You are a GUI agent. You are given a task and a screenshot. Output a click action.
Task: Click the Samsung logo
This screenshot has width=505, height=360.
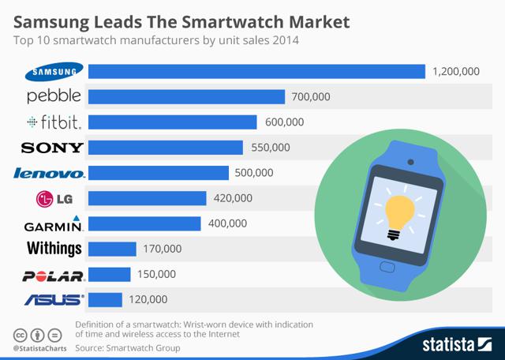click(x=54, y=72)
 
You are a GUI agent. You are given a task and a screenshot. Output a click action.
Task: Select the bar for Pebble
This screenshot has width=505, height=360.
click(x=186, y=97)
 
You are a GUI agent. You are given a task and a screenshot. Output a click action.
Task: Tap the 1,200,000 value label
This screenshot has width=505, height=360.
click(x=456, y=72)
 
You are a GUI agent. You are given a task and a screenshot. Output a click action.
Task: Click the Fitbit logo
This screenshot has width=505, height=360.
click(x=54, y=122)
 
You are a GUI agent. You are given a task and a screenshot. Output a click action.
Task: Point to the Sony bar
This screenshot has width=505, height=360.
click(x=166, y=148)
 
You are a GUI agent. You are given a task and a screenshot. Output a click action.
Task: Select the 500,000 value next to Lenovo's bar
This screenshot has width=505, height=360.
click(x=254, y=173)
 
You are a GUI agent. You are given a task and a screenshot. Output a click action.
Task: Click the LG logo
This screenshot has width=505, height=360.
click(x=54, y=198)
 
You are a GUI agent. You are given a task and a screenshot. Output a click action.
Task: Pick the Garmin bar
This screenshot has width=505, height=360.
click(x=144, y=223)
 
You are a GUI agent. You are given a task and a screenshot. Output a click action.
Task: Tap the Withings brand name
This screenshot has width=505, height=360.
click(x=54, y=249)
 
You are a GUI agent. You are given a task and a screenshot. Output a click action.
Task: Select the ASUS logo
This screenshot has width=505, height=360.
click(x=54, y=299)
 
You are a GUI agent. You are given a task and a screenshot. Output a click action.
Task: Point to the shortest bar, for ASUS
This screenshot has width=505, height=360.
click(x=105, y=299)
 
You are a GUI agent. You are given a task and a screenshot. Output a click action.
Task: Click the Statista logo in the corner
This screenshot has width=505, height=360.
click(x=456, y=343)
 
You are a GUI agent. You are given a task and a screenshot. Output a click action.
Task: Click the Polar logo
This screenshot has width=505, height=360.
click(x=54, y=275)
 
